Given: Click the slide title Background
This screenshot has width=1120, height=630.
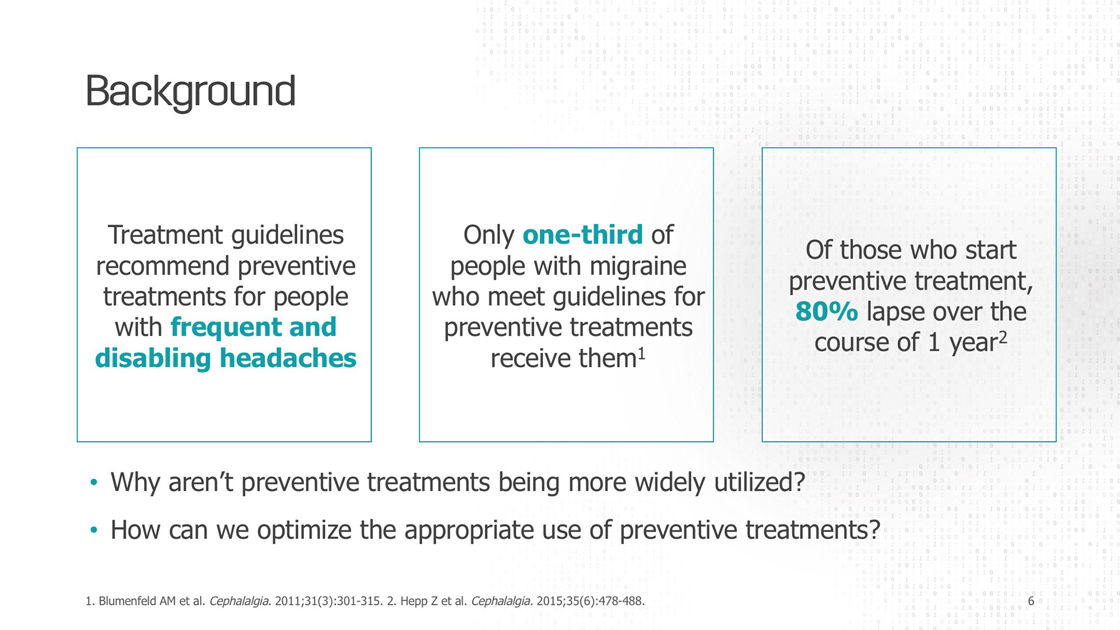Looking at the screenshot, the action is point(190,92).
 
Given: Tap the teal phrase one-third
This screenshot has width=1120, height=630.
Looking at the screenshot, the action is point(582,235).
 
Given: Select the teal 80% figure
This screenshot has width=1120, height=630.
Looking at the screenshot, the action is point(826,311).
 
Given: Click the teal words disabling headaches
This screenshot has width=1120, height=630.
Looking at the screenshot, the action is point(225,358).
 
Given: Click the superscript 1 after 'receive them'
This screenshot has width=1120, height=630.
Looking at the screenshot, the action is point(641,353).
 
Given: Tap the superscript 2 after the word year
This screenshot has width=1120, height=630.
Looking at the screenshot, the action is point(1003,338).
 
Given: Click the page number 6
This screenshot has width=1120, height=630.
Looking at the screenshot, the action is point(1031,601).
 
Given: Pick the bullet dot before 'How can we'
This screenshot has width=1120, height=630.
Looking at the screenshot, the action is point(94,530).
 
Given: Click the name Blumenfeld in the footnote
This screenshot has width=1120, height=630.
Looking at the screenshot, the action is point(137,601).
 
